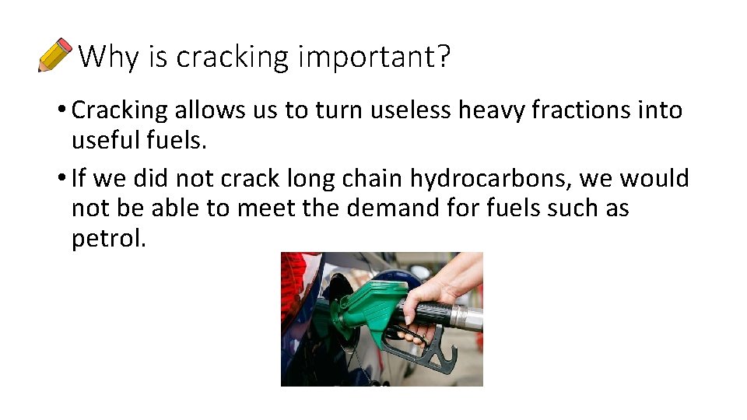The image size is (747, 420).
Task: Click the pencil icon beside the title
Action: click(54, 54)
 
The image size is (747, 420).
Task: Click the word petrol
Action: click(108, 238)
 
